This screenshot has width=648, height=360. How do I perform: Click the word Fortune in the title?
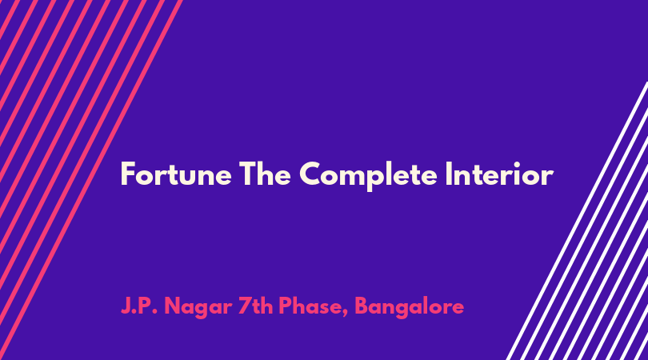(176, 174)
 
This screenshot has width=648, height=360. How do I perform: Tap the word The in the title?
(265, 174)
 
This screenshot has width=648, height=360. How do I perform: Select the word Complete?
(368, 176)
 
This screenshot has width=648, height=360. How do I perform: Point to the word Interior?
(499, 174)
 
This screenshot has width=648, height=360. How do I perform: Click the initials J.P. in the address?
(139, 306)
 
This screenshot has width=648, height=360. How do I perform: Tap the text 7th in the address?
(254, 306)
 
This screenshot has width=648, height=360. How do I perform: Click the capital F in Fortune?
(128, 174)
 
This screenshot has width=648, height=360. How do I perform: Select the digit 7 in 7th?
(245, 306)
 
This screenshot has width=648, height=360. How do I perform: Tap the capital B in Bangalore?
(362, 306)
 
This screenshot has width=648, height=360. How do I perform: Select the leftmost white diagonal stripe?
(578, 221)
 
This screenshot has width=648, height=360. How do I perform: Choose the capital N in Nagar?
(174, 306)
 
